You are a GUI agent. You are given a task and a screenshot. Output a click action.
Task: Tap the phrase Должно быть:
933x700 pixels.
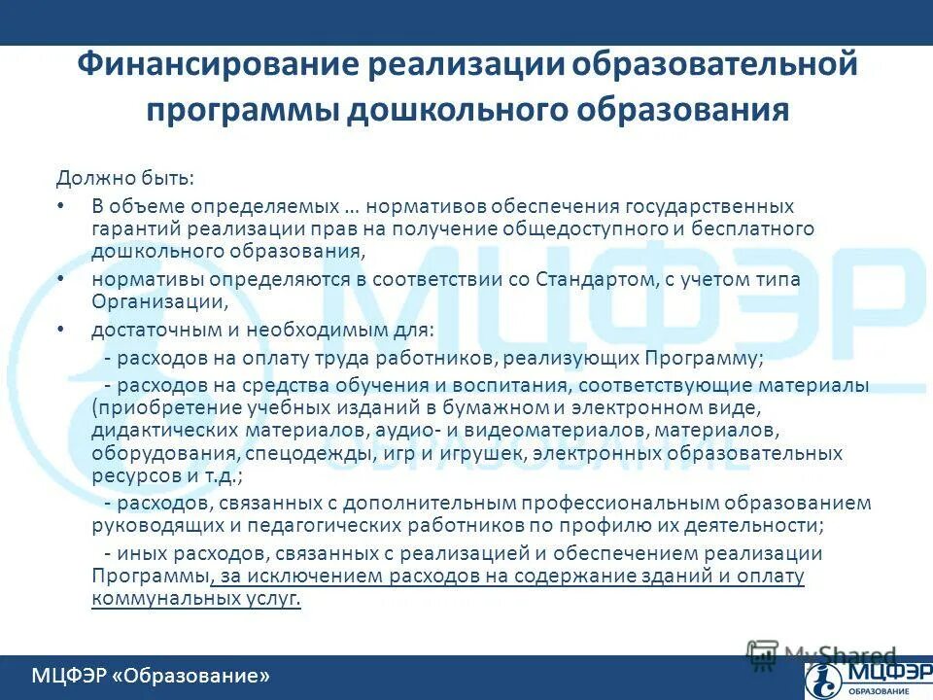pos(124,178)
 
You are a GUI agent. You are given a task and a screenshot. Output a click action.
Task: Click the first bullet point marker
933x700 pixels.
pos(60,206)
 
